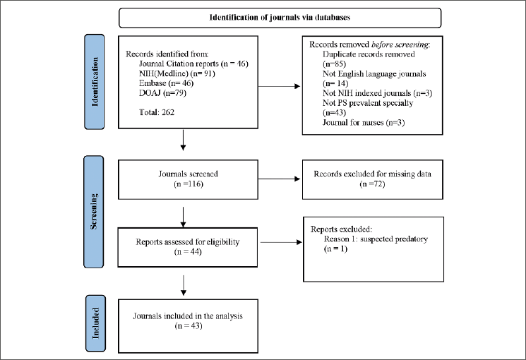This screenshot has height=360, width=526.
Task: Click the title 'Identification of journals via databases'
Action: (280, 18)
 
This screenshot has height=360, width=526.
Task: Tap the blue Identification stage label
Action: (95, 81)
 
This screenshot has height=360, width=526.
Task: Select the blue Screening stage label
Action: (94, 212)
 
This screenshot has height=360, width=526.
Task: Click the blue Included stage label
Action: (95, 323)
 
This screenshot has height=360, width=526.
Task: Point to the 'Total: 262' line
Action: (157, 112)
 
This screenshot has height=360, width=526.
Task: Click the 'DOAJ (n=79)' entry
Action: (162, 92)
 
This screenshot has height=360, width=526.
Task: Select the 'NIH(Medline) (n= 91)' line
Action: (177, 73)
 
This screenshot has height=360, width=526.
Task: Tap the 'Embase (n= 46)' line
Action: (167, 83)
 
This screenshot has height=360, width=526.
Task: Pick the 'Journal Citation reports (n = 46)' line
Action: (193, 64)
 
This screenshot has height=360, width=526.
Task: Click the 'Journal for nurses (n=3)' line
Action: (364, 122)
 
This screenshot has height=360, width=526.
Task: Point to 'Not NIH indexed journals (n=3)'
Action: (378, 93)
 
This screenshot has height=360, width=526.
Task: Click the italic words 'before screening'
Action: (400, 44)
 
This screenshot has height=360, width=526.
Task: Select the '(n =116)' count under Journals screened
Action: (189, 184)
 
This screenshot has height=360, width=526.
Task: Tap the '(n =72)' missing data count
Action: (372, 184)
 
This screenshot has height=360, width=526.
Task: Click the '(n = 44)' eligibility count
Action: (188, 251)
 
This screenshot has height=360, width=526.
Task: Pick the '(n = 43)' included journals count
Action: (189, 326)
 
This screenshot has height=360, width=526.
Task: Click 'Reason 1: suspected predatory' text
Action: (376, 239)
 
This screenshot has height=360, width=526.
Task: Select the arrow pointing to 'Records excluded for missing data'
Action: (279, 179)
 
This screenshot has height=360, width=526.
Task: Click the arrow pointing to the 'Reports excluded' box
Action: (281, 242)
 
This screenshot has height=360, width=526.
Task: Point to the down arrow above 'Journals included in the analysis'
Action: (183, 285)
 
